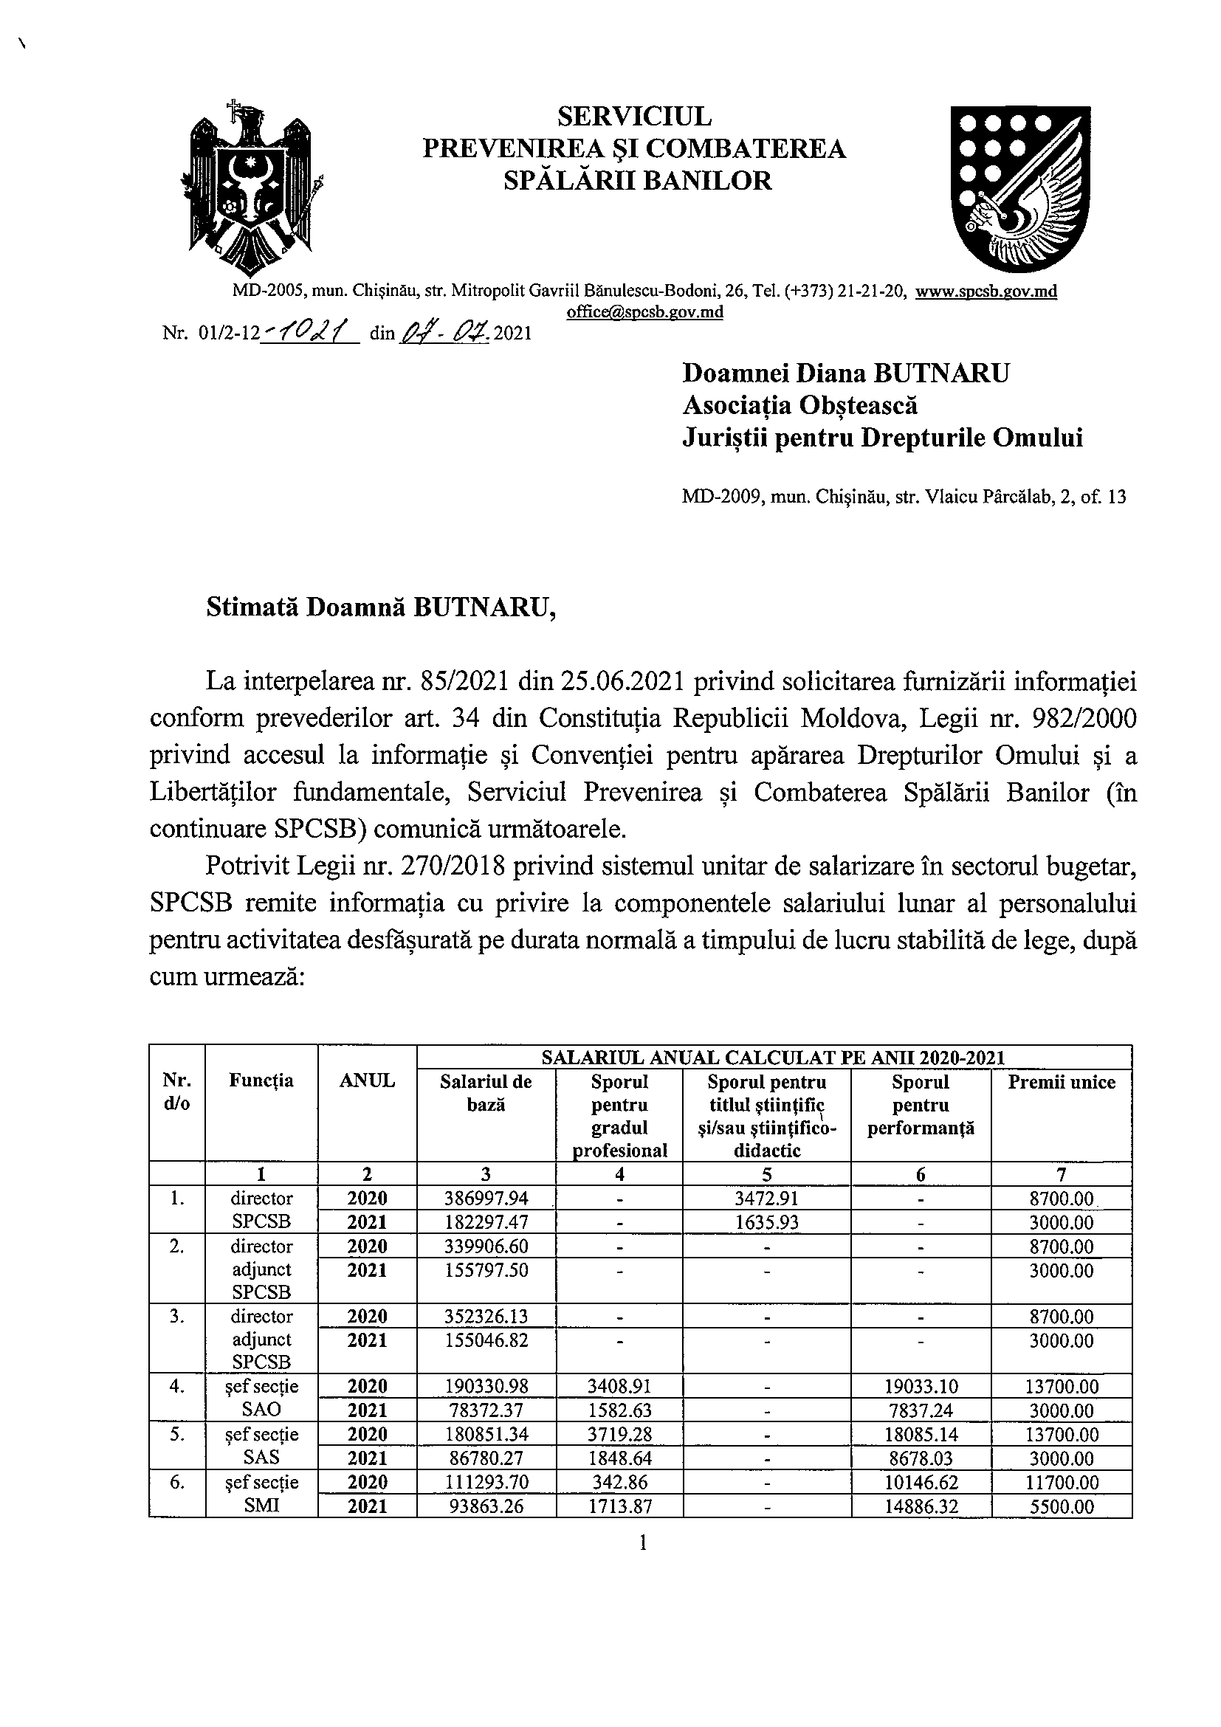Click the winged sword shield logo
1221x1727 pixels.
tap(1020, 187)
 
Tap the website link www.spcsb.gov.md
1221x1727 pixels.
tap(986, 292)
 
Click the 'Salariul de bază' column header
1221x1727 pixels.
tap(486, 1093)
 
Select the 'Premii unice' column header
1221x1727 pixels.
tap(1062, 1083)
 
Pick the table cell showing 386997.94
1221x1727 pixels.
tap(486, 1199)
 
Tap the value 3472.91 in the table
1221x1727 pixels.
tap(766, 1199)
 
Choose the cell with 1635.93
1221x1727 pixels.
tap(766, 1222)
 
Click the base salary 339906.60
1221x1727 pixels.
tap(486, 1247)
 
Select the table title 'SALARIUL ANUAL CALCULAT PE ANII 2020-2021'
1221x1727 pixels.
tap(774, 1057)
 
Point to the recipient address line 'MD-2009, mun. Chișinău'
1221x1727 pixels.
tap(904, 497)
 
